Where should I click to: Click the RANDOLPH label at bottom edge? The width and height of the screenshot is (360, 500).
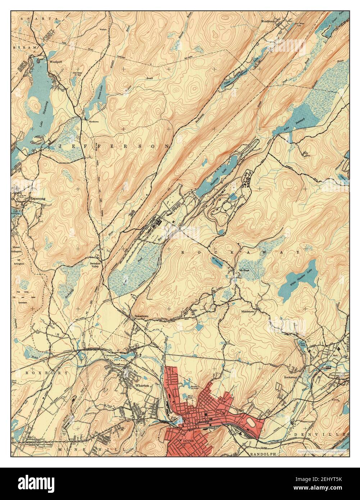(x=262, y=454)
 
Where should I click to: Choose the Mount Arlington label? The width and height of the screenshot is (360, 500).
(x=17, y=250)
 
